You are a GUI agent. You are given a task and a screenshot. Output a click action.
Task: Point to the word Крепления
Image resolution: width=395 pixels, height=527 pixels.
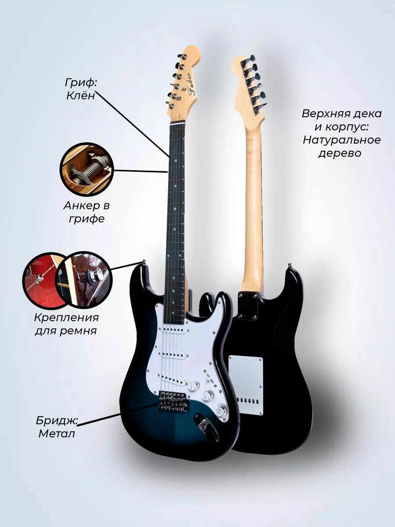pos(66,318)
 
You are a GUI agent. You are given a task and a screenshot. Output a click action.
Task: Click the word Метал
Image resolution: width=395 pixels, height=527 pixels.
pos(57,434)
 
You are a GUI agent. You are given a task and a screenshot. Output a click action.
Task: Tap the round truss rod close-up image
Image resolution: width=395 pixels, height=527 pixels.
pos(86,168)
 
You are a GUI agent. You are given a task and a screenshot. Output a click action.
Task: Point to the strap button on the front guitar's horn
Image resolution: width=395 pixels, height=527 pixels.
pos(144,263)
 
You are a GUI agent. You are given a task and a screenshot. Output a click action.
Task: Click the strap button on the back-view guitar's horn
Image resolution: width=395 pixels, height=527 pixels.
pos(289,266)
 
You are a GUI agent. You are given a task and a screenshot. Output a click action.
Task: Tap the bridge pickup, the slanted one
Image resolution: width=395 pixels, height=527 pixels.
pos(176,378)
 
